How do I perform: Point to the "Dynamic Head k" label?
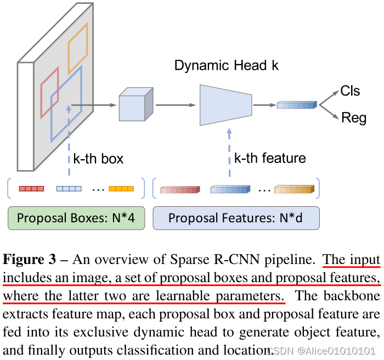coord(227,66)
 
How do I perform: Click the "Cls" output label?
coord(350,91)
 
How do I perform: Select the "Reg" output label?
coord(353,118)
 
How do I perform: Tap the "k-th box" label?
coord(98,159)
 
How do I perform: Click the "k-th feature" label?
coord(270,159)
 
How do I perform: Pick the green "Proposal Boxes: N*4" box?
coord(76,218)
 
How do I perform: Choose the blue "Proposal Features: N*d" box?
coord(236,218)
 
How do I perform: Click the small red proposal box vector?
coord(31,189)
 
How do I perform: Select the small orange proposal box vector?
coord(121,189)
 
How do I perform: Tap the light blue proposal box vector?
coord(69,189)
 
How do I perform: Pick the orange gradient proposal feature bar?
coord(295,189)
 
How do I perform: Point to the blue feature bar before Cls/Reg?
coord(297,104)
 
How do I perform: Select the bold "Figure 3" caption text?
coord(34,259)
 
